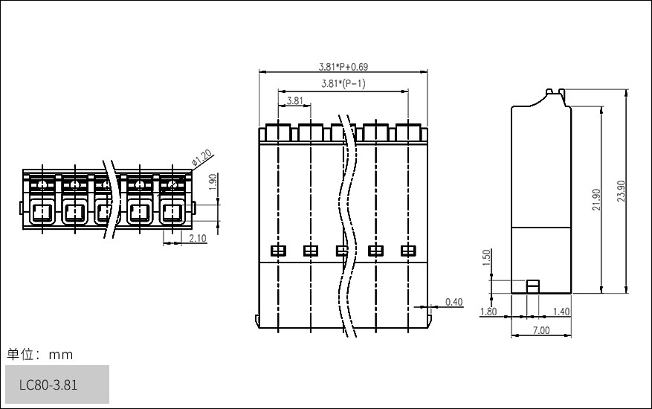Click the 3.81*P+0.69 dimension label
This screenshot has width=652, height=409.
click(343, 67)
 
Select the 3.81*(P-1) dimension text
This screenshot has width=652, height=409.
click(343, 83)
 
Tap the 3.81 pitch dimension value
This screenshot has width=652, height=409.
click(294, 100)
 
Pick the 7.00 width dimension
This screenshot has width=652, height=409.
click(541, 330)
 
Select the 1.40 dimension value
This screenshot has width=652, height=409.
click(562, 312)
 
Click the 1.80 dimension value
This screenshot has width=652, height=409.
click(488, 312)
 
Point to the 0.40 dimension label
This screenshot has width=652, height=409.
click(454, 301)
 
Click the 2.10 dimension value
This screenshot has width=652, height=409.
click(198, 238)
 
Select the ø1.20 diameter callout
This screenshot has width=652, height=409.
click(202, 158)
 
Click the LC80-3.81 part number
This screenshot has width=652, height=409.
click(48, 385)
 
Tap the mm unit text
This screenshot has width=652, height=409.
click(61, 355)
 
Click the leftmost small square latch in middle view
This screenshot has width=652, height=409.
click(277, 251)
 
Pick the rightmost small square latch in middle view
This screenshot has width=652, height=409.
click(407, 251)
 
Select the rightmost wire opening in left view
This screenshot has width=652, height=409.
click(172, 214)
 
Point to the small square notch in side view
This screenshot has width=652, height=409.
click(532, 286)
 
